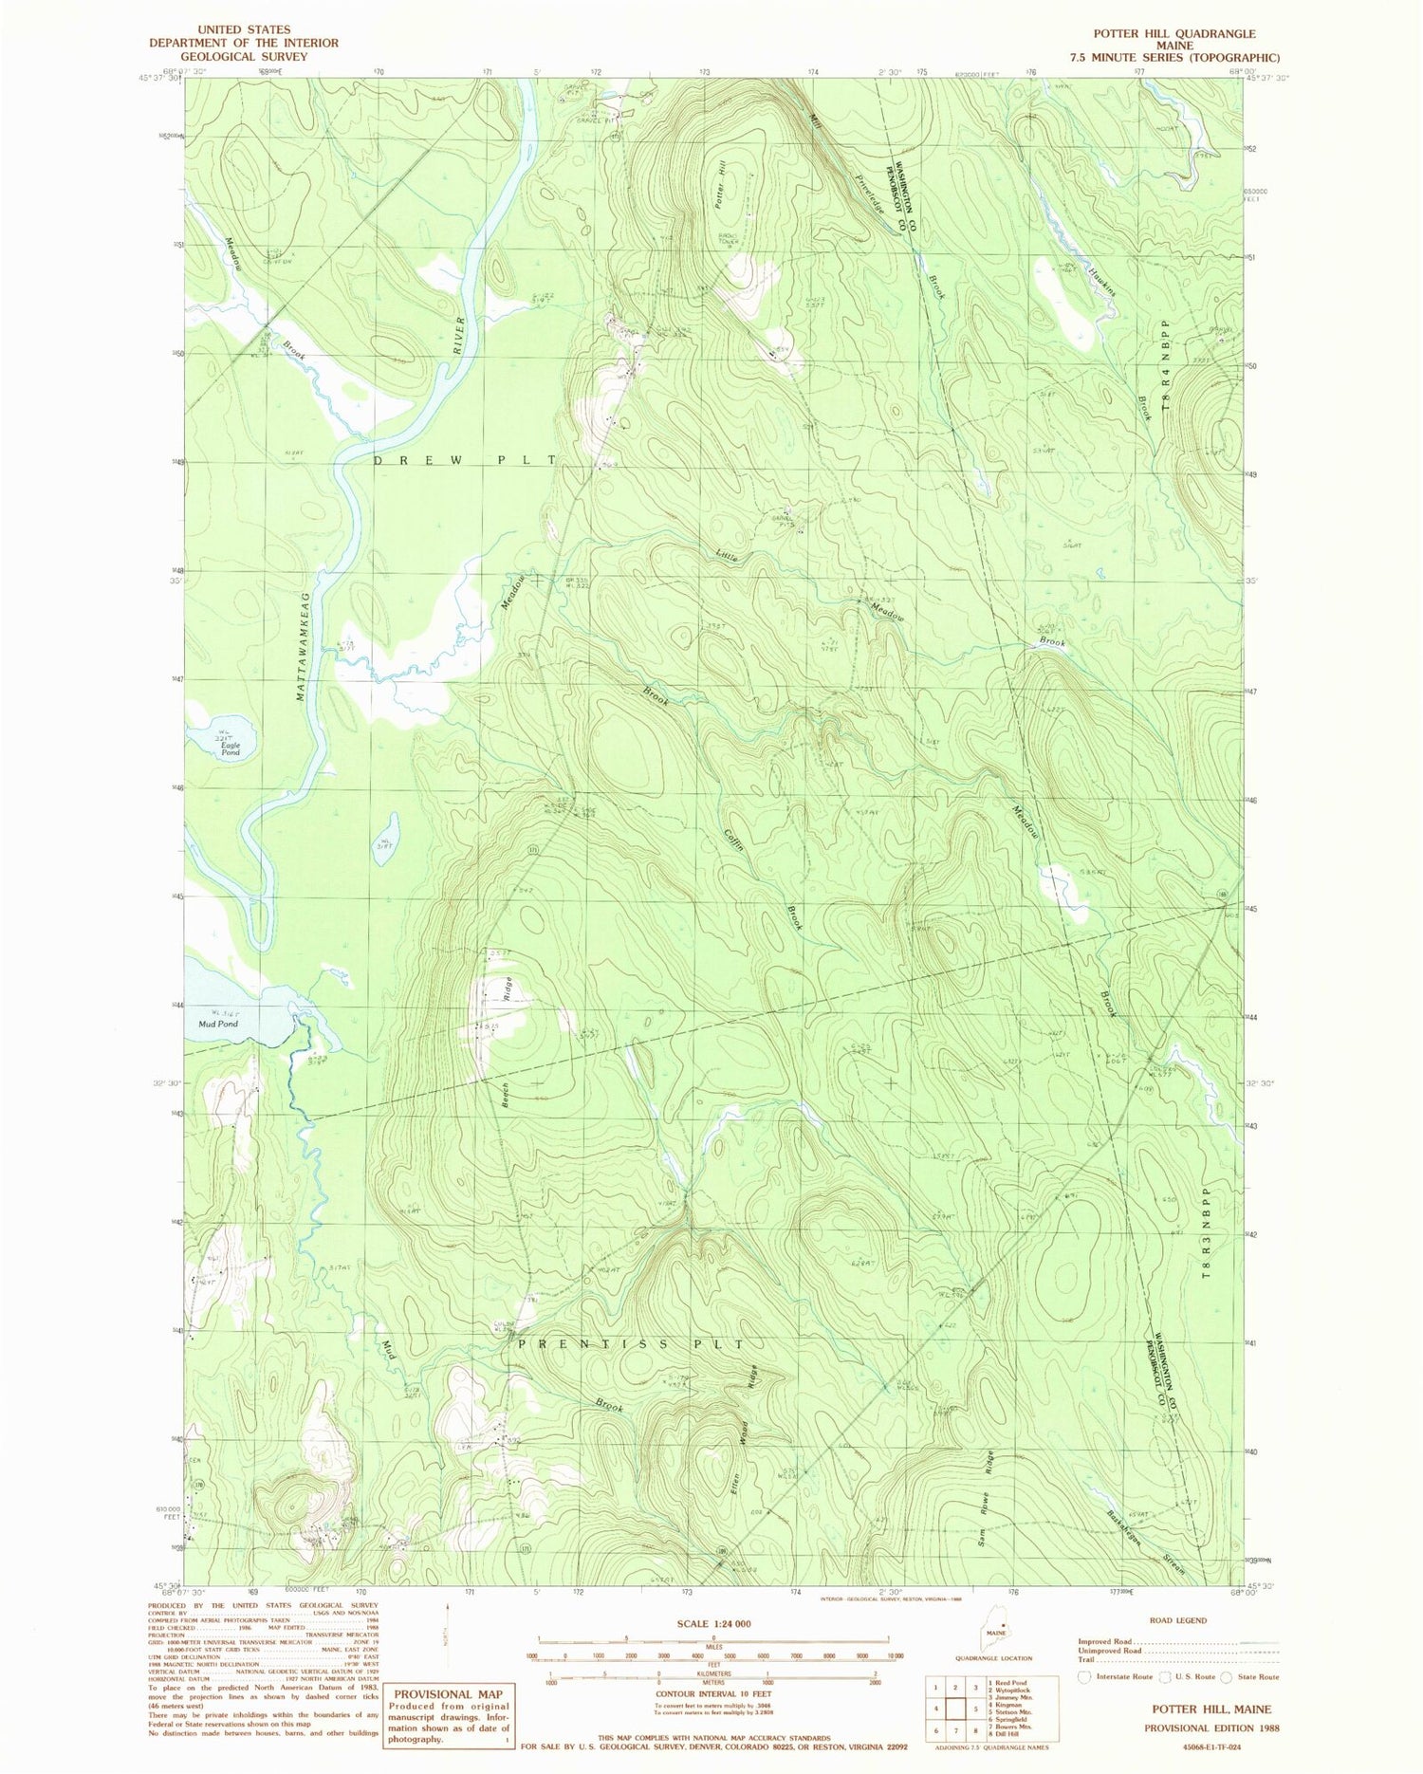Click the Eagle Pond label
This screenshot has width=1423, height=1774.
(x=231, y=748)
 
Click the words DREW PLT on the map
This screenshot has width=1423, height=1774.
(x=464, y=460)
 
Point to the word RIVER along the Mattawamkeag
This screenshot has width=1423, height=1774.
(x=460, y=335)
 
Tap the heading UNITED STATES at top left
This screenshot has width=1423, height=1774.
(x=243, y=29)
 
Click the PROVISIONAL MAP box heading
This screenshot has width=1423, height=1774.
(x=449, y=1694)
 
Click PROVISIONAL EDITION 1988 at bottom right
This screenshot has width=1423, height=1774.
(x=1211, y=1728)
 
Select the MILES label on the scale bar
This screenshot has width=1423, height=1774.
(x=712, y=1647)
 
